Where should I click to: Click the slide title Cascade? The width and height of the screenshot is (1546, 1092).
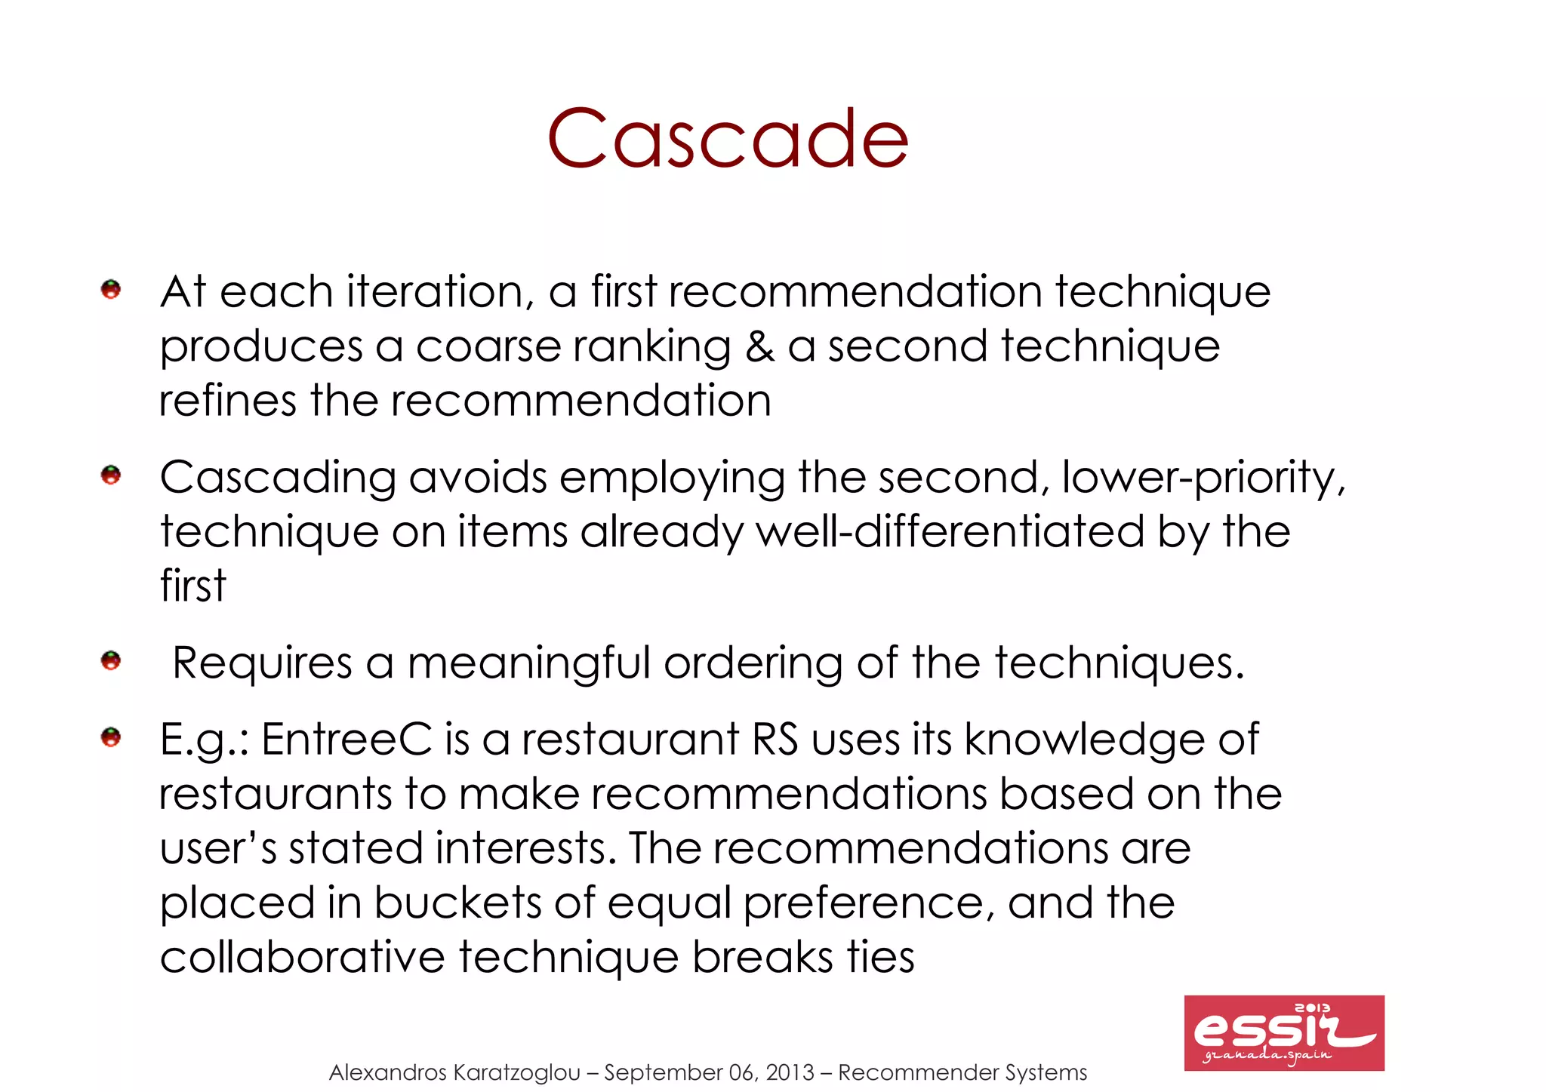(728, 139)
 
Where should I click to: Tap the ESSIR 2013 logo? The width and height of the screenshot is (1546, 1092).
(1283, 1032)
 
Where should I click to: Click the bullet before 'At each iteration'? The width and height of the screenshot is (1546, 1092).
(111, 289)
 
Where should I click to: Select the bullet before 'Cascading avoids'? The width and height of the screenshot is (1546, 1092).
(111, 475)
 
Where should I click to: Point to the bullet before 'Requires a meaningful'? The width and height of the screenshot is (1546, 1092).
(111, 661)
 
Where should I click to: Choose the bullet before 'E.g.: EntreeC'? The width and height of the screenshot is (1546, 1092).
(111, 737)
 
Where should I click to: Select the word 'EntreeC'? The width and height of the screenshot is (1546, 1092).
(346, 739)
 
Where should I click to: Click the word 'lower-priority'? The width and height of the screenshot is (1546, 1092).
(1203, 478)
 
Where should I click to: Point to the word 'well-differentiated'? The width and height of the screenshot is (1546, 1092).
(950, 531)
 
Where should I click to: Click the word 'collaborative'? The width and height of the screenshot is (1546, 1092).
(302, 957)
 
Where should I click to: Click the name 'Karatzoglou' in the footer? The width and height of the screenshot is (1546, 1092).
(518, 1072)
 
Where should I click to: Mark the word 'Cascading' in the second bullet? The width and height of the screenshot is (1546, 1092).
(278, 478)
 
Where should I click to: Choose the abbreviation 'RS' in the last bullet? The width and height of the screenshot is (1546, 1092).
(775, 739)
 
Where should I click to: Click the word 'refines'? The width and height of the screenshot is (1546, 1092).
(227, 401)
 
